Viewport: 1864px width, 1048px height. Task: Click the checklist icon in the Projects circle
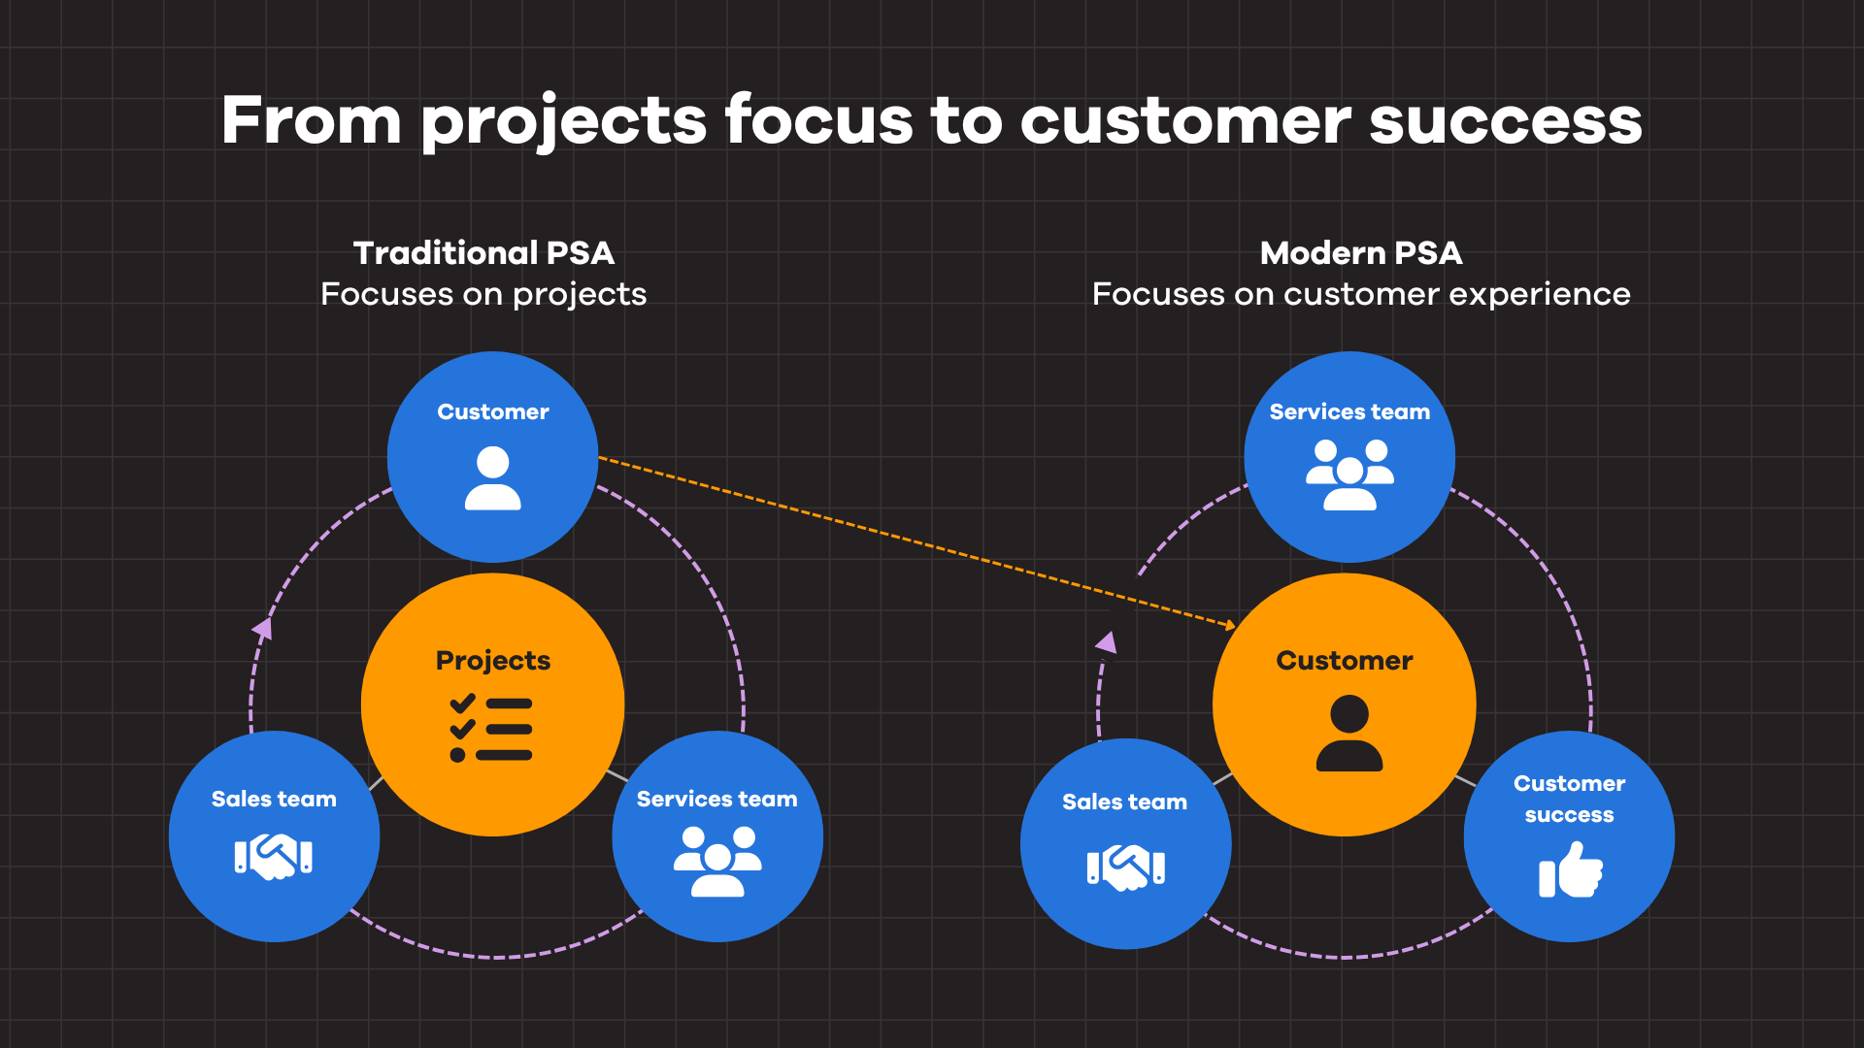point(491,728)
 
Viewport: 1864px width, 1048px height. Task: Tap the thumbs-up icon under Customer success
point(1571,869)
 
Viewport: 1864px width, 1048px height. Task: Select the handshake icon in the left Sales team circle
point(274,857)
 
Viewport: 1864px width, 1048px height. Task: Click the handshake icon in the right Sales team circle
point(1126,867)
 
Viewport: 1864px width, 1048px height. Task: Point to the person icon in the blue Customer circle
point(493,478)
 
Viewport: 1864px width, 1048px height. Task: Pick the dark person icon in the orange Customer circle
point(1349,734)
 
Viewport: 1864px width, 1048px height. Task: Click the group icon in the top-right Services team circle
point(1349,475)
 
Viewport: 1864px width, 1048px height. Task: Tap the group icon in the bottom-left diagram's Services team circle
point(717,861)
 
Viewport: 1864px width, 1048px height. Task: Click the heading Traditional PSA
point(483,253)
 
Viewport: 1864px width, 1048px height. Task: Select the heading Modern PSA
point(1361,253)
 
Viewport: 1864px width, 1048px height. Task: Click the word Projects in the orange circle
point(493,661)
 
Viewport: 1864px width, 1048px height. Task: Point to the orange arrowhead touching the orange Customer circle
point(1230,625)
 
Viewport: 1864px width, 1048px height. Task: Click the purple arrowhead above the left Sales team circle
point(263,629)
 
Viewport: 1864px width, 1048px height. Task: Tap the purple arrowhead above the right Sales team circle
point(1107,642)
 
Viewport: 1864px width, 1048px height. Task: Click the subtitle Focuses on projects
point(483,294)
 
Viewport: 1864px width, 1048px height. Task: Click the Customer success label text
point(1570,799)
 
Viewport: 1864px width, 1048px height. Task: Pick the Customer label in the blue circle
point(493,412)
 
